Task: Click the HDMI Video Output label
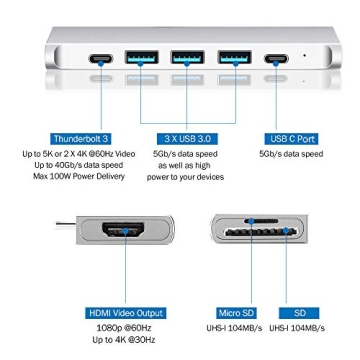point(125,313)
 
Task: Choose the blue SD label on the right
point(296,313)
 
